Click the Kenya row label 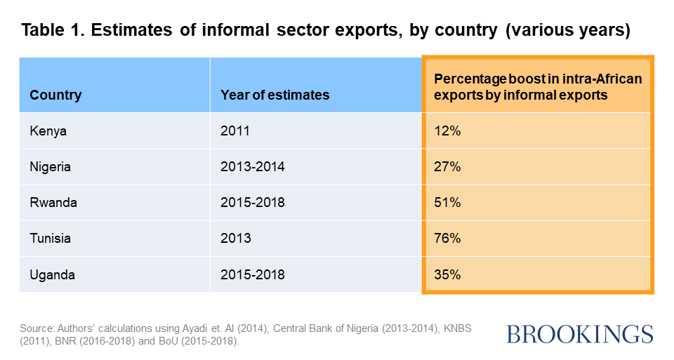[48, 131]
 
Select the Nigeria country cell [51, 167]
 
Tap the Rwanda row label [53, 203]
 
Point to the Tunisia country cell [51, 239]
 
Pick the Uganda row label [52, 274]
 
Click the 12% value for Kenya [447, 131]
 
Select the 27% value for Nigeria [447, 167]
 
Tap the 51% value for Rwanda [447, 203]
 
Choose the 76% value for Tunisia [447, 239]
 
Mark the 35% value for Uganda [447, 274]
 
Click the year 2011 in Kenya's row [234, 131]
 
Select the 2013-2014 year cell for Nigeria [253, 167]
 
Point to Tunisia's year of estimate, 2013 [234, 239]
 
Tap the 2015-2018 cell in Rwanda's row [253, 203]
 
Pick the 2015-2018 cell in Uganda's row [253, 274]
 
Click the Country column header [55, 95]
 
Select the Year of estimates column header [275, 95]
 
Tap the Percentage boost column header [538, 86]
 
